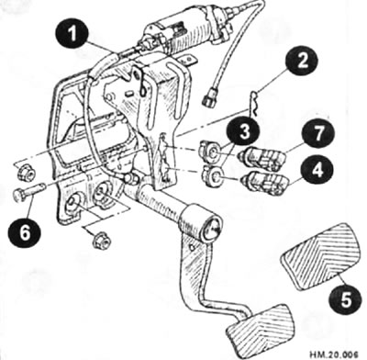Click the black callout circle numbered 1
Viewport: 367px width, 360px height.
72,34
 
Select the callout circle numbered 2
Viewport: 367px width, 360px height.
302,62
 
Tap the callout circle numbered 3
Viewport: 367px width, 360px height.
243,133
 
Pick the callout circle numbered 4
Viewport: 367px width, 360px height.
317,170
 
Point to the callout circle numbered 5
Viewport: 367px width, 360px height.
346,300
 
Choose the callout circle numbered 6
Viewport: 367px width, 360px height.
25,231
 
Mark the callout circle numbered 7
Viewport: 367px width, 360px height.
318,133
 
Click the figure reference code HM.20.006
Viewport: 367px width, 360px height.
333,354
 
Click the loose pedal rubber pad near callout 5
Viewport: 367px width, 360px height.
320,256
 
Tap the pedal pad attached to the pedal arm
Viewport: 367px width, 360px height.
261,327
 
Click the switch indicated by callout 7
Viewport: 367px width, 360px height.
263,158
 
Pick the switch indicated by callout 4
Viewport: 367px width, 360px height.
266,183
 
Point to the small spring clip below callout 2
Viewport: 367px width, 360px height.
255,104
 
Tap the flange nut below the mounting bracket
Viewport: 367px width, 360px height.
101,240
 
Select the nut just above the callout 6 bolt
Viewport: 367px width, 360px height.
26,173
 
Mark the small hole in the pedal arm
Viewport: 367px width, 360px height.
192,247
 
